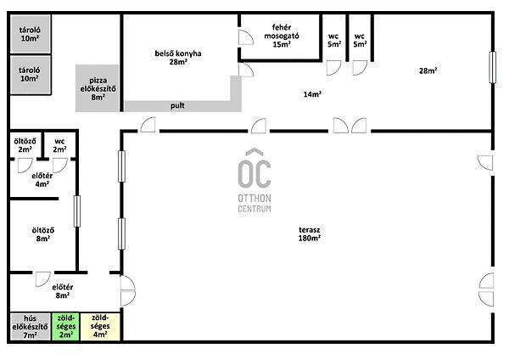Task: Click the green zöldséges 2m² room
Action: (x=65, y=327)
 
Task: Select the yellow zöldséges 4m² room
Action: (x=100, y=327)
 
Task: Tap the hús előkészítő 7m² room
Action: (x=31, y=327)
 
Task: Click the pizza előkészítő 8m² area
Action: (x=98, y=88)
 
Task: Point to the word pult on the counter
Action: (x=177, y=105)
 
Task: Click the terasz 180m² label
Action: (x=310, y=234)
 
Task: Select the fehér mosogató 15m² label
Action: (x=282, y=36)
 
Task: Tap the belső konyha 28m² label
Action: (x=178, y=58)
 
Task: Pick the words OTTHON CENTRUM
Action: (x=255, y=204)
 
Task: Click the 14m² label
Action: (x=312, y=94)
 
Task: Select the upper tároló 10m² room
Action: (x=31, y=34)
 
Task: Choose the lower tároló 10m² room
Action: (x=31, y=75)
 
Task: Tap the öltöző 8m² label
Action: (x=43, y=234)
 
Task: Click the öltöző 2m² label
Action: (x=25, y=145)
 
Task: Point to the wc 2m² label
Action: (x=59, y=145)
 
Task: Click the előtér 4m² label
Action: (x=42, y=180)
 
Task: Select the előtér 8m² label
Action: (x=62, y=291)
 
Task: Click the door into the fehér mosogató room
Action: (x=246, y=37)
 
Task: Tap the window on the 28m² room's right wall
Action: (x=492, y=67)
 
